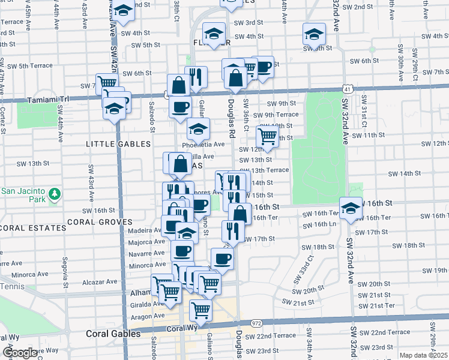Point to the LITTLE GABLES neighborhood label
(118, 144)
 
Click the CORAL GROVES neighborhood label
(100, 221)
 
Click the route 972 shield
(257, 323)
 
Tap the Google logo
(20, 353)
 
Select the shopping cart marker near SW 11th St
(267, 136)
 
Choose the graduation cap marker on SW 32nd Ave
(351, 206)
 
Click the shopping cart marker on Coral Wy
(200, 310)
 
